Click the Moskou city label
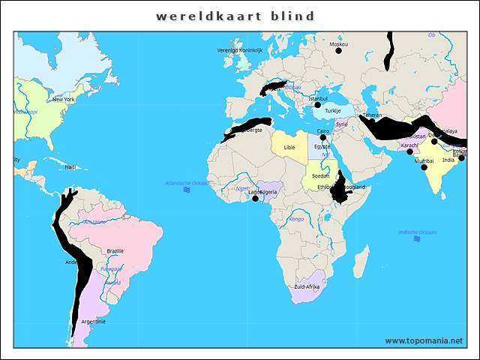(x=338, y=44)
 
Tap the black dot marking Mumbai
(x=424, y=167)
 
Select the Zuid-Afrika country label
(x=307, y=287)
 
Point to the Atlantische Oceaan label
(x=187, y=183)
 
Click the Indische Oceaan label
(x=418, y=232)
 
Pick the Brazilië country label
(x=115, y=250)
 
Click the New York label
(x=63, y=99)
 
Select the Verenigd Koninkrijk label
(x=240, y=49)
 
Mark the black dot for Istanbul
(x=317, y=105)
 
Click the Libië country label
(x=289, y=148)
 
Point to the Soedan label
(x=321, y=175)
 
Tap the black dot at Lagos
(x=255, y=199)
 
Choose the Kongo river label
(x=296, y=219)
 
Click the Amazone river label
(x=94, y=222)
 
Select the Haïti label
(x=70, y=167)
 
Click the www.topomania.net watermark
(x=424, y=340)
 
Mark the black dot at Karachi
(x=410, y=151)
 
